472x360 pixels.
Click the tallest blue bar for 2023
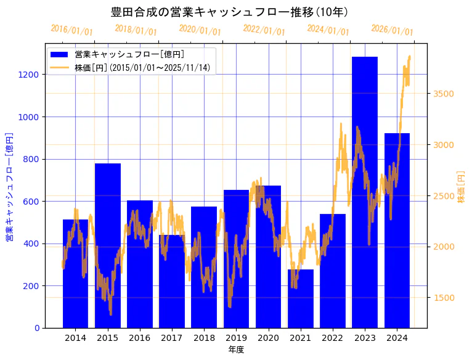click(364, 192)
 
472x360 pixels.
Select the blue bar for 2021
click(300, 298)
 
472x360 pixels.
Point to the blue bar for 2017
click(172, 281)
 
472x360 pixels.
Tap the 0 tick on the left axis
click(37, 328)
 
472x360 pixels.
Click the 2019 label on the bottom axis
click(236, 338)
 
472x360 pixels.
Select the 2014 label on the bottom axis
click(76, 338)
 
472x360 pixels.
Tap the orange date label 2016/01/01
click(71, 30)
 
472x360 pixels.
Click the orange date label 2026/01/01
click(392, 30)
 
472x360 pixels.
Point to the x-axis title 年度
click(236, 350)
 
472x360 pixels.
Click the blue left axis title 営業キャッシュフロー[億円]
click(9, 186)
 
